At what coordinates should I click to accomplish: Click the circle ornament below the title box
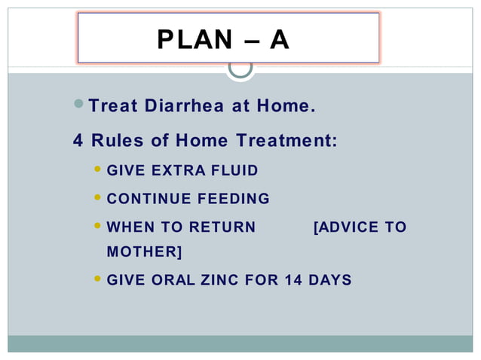pos(240,67)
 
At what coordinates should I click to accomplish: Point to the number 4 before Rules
pos(78,141)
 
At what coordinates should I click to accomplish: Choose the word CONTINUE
pos(149,200)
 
